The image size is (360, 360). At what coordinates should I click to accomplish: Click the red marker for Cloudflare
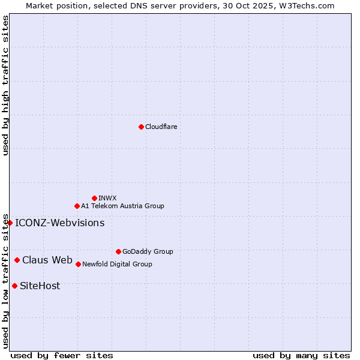coord(141,127)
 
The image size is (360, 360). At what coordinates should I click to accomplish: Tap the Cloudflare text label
coord(161,127)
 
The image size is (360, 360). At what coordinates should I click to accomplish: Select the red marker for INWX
coord(94,198)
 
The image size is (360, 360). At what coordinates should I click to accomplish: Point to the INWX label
coord(107,198)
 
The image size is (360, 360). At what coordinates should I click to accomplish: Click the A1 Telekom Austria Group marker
coord(77,206)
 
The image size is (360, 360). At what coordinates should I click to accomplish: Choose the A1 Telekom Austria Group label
coord(122,206)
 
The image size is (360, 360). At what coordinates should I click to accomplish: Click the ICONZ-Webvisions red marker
coord(10,223)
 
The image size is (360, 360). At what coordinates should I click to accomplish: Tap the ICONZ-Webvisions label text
coord(59,223)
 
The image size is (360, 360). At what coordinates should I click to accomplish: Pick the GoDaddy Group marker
coord(118,251)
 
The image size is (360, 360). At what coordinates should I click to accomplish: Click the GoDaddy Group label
coord(148,251)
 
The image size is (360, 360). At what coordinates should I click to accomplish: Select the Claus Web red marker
coord(17,260)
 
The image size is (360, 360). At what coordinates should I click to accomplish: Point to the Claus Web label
coord(47,260)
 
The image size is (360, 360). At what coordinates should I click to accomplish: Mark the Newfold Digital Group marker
coord(78,264)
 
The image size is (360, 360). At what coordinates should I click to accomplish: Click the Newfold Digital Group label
coord(117,264)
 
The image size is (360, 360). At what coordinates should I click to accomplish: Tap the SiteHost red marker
coord(14,286)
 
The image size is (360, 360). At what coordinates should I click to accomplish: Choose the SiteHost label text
coord(40,286)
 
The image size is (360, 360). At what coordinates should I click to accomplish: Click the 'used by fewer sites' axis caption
coord(62,355)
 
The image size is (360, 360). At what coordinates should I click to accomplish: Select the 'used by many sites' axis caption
coord(301,355)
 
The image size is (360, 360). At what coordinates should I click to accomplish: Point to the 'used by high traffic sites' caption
coord(6,85)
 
